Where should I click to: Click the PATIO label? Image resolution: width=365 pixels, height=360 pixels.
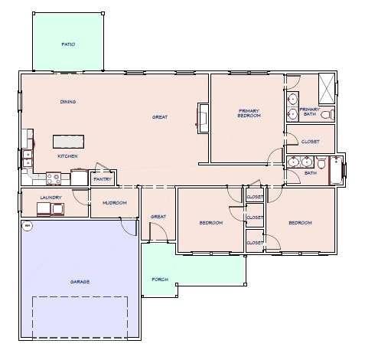tap(68, 44)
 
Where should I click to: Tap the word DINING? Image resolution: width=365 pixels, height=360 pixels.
tap(68, 102)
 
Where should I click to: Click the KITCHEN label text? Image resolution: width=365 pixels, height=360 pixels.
tap(67, 156)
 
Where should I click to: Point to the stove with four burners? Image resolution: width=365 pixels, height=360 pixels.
tap(54, 178)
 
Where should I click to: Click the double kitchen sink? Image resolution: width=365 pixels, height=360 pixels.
tap(28, 158)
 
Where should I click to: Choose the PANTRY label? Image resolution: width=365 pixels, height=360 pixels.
tap(103, 180)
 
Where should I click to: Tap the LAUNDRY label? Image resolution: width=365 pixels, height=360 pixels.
tap(51, 198)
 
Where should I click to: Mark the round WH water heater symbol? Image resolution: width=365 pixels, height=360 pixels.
tap(26, 225)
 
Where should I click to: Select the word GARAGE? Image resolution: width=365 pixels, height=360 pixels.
tap(80, 282)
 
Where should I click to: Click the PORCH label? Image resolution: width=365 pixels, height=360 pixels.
tap(160, 280)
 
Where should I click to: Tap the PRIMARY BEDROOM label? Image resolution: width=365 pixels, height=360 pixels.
tap(249, 113)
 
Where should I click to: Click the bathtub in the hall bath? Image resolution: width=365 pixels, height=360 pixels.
tap(337, 170)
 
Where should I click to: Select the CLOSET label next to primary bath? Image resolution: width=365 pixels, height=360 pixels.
tap(310, 141)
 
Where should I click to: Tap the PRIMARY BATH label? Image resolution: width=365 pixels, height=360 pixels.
tap(309, 112)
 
